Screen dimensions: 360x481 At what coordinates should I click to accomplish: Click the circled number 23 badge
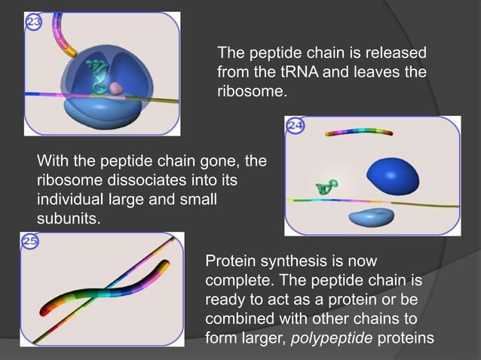(34, 22)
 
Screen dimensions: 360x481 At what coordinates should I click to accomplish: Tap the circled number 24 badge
(295, 127)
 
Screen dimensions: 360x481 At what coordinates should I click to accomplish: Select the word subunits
(68, 219)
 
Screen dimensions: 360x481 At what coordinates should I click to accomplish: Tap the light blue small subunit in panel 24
(370, 218)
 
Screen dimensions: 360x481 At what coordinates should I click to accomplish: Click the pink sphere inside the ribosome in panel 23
(115, 88)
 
